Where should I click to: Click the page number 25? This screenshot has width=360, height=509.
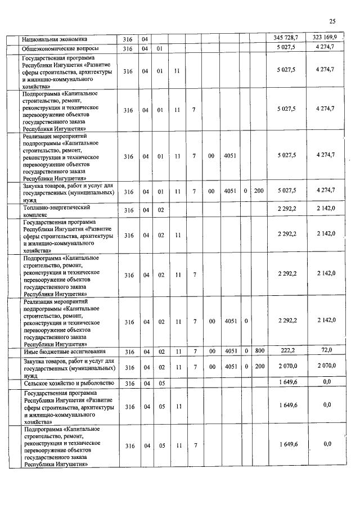[x=332, y=21]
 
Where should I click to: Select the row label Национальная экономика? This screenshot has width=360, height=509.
[x=55, y=39]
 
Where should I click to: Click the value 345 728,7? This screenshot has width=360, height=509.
[x=286, y=38]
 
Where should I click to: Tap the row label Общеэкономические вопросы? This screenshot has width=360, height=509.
[x=55, y=49]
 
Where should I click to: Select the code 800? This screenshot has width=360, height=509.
[x=259, y=351]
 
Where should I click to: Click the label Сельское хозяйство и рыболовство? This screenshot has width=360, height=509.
[x=67, y=383]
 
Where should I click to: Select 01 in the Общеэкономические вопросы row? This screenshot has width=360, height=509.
[x=160, y=49]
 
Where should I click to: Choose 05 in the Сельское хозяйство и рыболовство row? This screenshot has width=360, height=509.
[x=160, y=383]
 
